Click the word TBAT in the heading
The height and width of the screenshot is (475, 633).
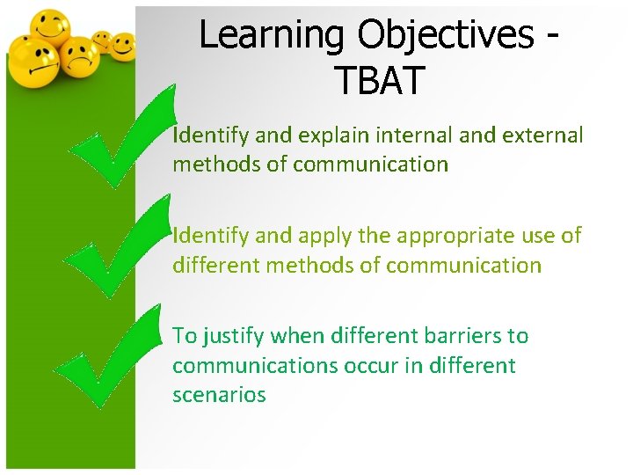(x=379, y=80)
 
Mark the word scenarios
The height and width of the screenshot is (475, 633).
(x=219, y=395)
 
